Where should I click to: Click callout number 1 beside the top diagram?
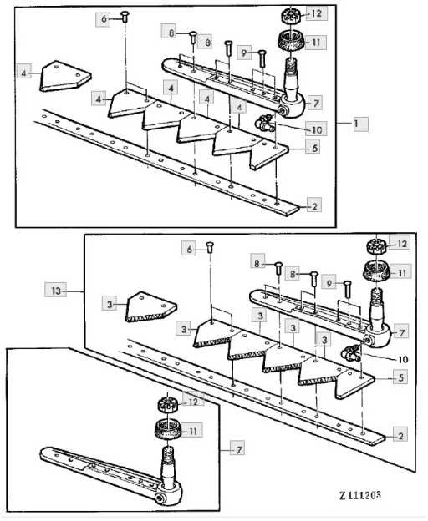click(360, 124)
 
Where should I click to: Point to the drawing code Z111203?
click(360, 495)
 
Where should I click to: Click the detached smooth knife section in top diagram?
click(65, 76)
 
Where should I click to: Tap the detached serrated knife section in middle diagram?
click(151, 307)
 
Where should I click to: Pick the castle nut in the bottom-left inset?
click(167, 403)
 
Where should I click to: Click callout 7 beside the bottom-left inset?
click(239, 449)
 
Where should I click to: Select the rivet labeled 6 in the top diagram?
click(125, 17)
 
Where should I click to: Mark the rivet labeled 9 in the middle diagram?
click(348, 289)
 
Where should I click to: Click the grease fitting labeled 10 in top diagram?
click(265, 122)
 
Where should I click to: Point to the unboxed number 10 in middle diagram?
click(402, 359)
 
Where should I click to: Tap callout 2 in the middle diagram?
click(400, 435)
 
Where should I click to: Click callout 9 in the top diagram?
click(244, 53)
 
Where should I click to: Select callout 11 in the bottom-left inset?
click(193, 431)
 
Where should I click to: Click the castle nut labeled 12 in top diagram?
click(291, 15)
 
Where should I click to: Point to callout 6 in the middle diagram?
click(189, 249)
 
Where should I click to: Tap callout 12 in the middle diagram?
click(402, 244)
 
